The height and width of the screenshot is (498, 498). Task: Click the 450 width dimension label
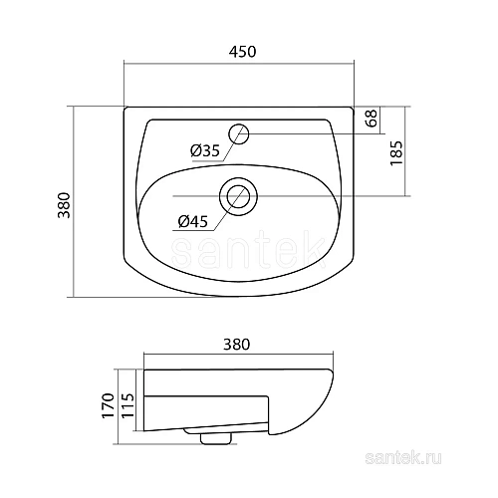click(239, 53)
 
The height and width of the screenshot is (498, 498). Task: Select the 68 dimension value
click(370, 119)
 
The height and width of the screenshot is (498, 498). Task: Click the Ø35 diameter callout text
click(203, 150)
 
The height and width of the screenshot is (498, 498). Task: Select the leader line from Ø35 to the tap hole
click(227, 145)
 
